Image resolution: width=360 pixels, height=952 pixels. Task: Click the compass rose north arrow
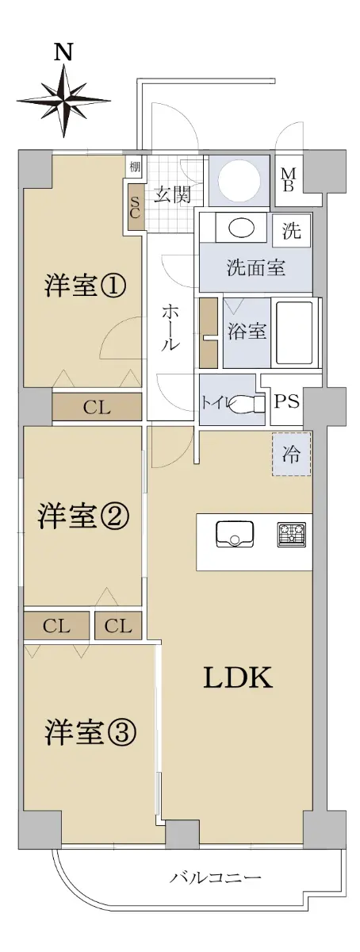point(63,101)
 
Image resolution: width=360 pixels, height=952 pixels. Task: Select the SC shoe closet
point(134,207)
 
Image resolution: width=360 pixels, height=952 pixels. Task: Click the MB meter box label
point(288,180)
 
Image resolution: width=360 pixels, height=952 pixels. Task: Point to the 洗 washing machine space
point(292,230)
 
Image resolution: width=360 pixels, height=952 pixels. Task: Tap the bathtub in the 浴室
point(295,332)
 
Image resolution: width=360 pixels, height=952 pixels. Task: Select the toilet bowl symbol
point(245,402)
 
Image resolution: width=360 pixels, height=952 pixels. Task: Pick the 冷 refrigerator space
point(292,455)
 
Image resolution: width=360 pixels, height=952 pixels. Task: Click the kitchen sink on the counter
point(235,533)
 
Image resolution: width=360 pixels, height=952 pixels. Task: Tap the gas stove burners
point(292,535)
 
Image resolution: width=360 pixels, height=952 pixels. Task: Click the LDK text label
point(238,678)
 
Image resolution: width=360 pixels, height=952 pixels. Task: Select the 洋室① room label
point(85,286)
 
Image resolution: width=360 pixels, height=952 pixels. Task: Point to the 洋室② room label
point(83,516)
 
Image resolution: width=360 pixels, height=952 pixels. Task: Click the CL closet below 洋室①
point(97,407)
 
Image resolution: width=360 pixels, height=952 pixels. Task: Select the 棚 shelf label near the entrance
point(134,167)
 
